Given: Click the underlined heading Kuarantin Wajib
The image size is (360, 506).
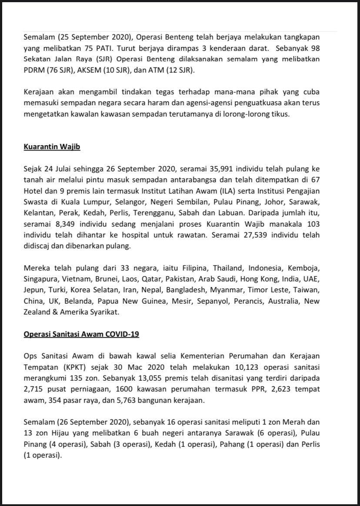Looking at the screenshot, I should click(x=52, y=147).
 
